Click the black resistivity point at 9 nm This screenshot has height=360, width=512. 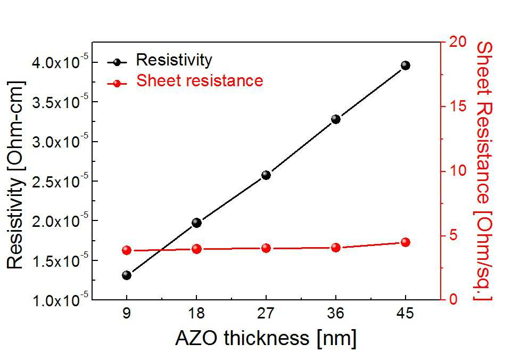[x=127, y=275]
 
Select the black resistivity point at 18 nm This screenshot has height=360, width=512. [x=196, y=223]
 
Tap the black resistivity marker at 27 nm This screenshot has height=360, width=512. [x=266, y=175]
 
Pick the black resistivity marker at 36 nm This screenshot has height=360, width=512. [x=336, y=119]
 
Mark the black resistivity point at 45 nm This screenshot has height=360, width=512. [x=406, y=66]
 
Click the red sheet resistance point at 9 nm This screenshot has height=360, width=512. [x=127, y=251]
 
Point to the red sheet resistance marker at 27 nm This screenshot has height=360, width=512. [x=266, y=248]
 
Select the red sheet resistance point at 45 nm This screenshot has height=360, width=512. [x=406, y=242]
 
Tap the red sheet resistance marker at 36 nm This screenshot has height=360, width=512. [x=336, y=248]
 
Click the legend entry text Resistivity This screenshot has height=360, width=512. [x=174, y=60]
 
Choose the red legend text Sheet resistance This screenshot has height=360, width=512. [x=200, y=80]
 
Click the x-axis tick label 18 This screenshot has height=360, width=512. [x=196, y=313]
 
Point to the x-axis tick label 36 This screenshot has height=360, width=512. [x=336, y=313]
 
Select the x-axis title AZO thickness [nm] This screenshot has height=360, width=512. [x=266, y=338]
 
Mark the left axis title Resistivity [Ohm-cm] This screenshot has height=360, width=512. [x=15, y=175]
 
